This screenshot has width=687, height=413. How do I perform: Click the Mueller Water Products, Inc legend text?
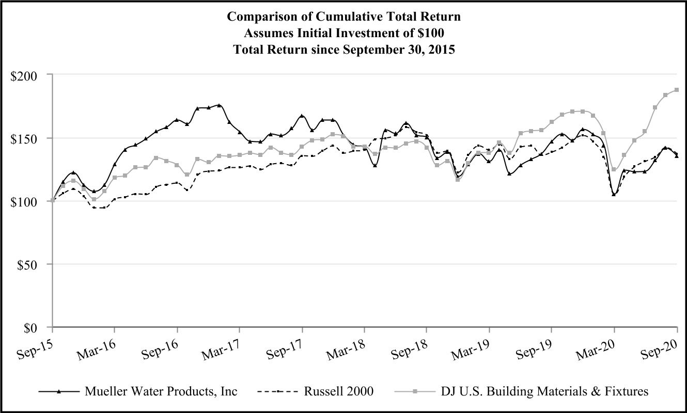point(161,391)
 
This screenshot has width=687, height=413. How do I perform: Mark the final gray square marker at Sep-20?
point(676,90)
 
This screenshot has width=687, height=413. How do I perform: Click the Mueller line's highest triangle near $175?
point(219,105)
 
